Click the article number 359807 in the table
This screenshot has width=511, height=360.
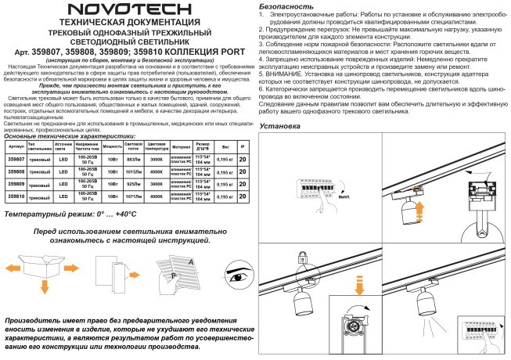[x=16, y=159]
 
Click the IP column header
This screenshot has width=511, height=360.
[x=242, y=146]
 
